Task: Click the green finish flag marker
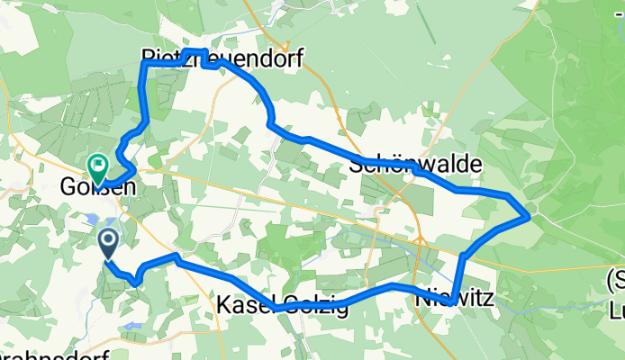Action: pos(97,165)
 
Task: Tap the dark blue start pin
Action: pos(107,241)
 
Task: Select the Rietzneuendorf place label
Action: pos(222,59)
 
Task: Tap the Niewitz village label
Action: pos(455,297)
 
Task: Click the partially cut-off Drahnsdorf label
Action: pos(55,355)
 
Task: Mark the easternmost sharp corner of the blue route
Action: pos(529,215)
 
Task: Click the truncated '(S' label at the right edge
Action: pos(615,275)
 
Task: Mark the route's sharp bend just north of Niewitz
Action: pos(462,256)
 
